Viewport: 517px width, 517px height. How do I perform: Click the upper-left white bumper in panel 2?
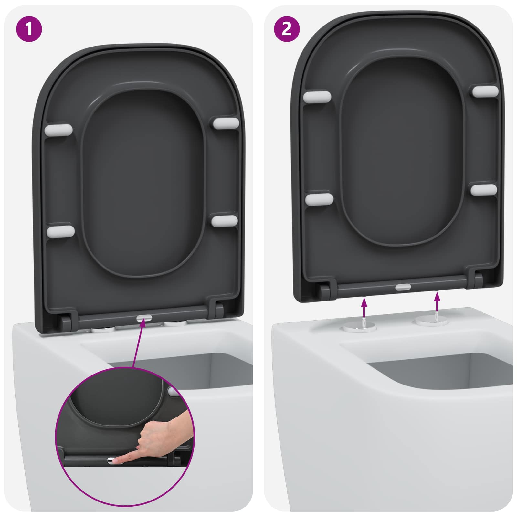pyautogui.click(x=317, y=97)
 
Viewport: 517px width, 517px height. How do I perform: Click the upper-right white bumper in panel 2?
pyautogui.click(x=485, y=91)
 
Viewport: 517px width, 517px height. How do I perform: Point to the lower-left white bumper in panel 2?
pyautogui.click(x=319, y=199)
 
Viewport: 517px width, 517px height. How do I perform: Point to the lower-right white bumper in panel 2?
pyautogui.click(x=484, y=190)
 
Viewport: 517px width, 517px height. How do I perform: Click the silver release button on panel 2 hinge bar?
pyautogui.click(x=403, y=287)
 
